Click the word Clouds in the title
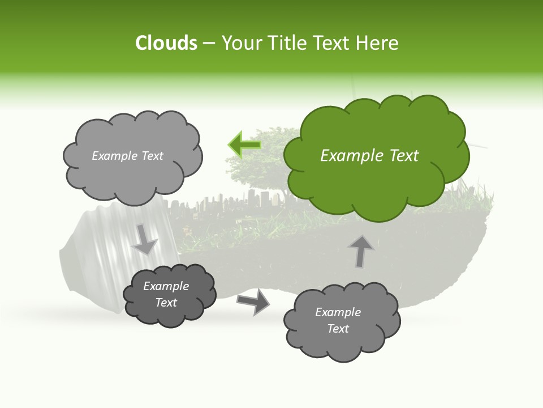(x=166, y=43)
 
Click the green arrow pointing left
(x=244, y=145)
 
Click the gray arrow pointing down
(x=145, y=239)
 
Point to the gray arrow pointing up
(x=361, y=251)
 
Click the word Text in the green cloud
(x=404, y=156)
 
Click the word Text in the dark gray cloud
(x=166, y=303)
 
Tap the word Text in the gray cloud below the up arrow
(x=338, y=329)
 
